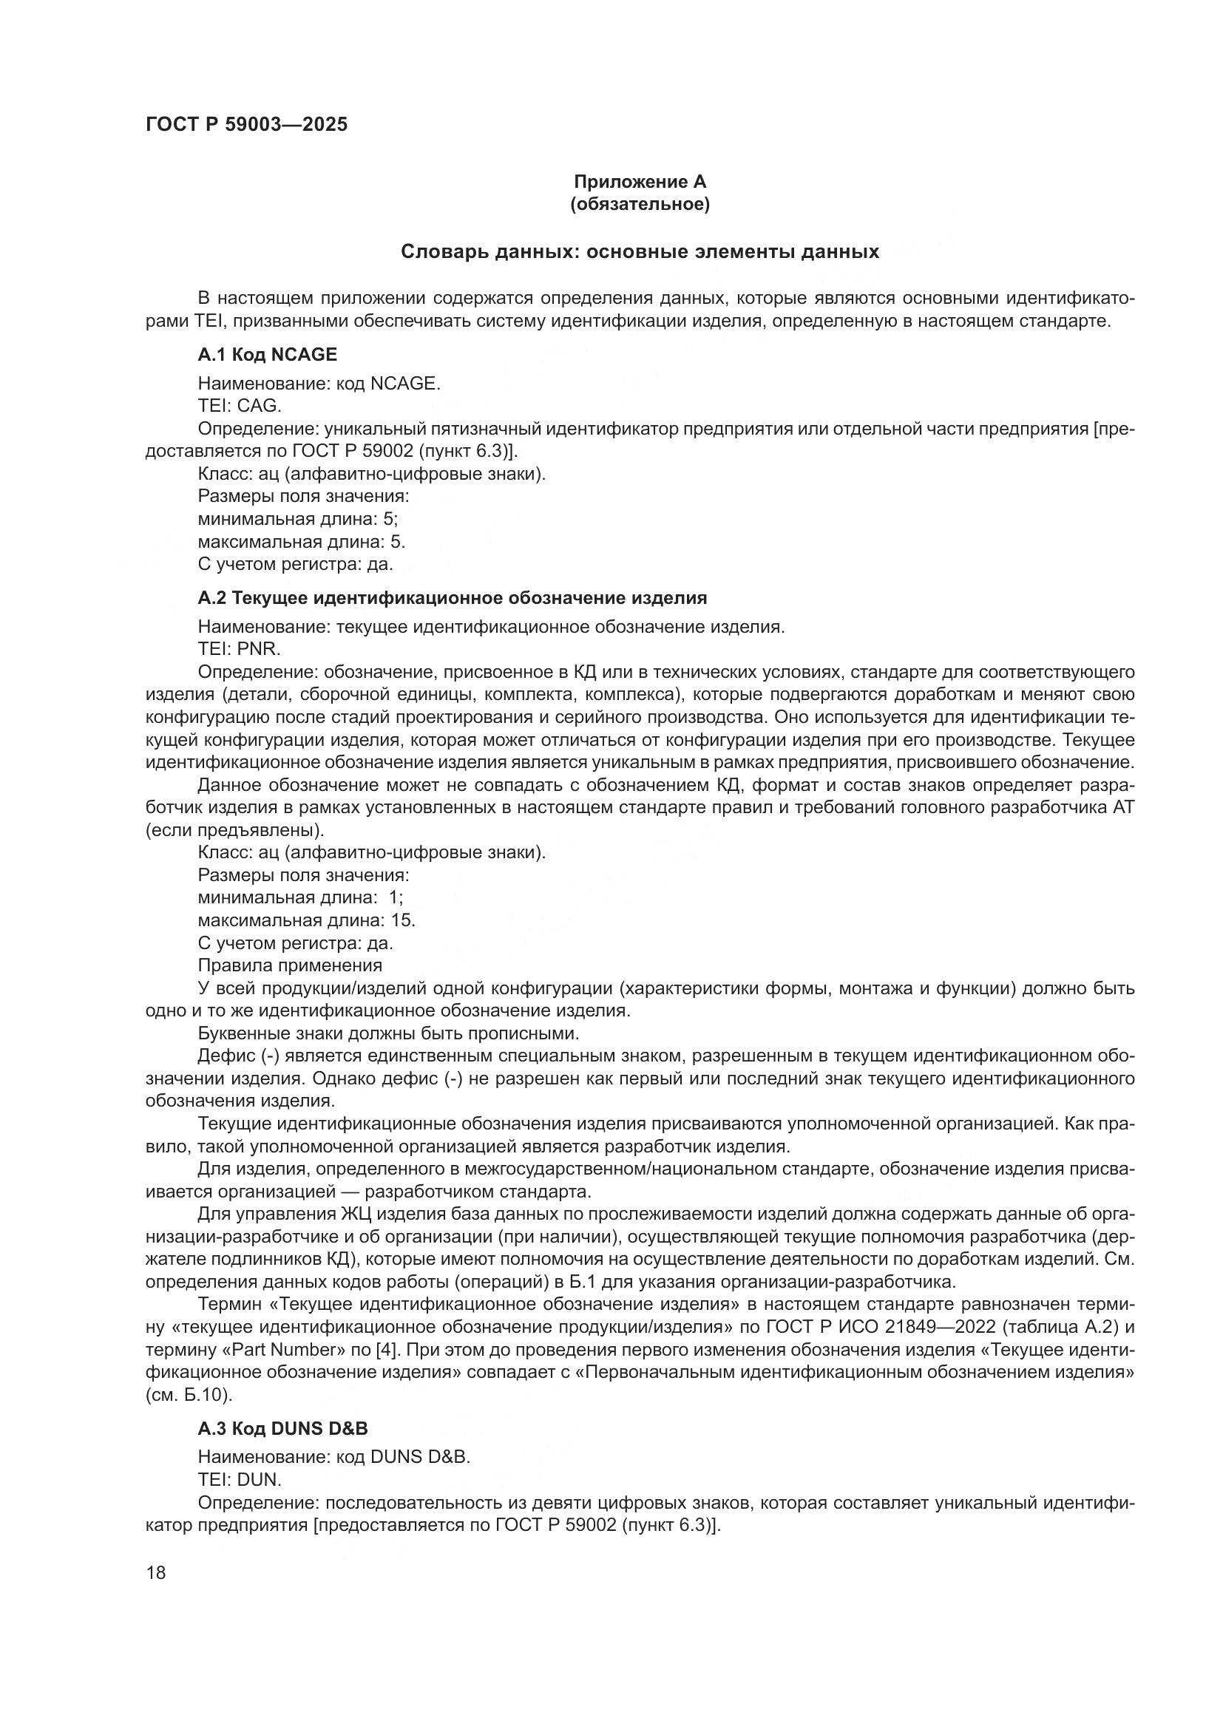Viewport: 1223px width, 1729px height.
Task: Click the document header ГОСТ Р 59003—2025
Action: point(246,124)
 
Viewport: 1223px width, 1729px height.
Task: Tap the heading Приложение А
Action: point(640,182)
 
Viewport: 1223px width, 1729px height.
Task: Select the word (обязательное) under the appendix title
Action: point(640,204)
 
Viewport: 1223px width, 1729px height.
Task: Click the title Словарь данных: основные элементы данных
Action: point(640,251)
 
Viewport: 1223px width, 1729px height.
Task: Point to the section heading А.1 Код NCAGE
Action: point(268,354)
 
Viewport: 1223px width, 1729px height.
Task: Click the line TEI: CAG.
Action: point(239,406)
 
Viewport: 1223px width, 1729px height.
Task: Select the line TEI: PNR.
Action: point(239,648)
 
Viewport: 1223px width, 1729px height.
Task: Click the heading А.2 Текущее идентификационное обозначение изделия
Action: point(452,598)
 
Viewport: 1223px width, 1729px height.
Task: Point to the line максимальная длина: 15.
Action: point(307,920)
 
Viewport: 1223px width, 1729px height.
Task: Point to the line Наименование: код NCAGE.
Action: point(319,384)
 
